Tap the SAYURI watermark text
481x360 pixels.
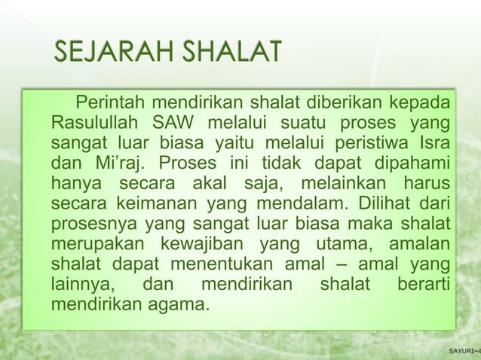pyautogui.click(x=461, y=352)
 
